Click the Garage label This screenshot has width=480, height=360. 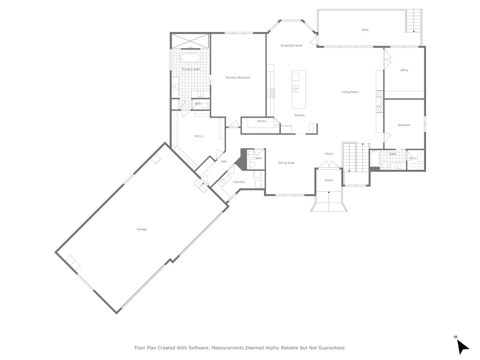point(142,229)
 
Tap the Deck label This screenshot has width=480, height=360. point(365,30)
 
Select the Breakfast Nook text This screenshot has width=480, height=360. point(291,45)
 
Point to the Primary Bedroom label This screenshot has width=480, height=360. point(238,78)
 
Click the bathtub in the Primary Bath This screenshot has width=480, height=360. point(191,59)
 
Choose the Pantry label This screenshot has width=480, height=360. point(262,121)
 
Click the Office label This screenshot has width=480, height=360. point(404,70)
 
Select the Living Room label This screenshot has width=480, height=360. point(350,92)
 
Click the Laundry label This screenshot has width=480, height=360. point(238,182)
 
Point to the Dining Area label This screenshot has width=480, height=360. point(286,163)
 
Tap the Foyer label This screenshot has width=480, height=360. point(329,154)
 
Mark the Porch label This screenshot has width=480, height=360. point(329,180)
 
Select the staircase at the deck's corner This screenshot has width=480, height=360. point(413,21)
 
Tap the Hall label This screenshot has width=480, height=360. point(224,162)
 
